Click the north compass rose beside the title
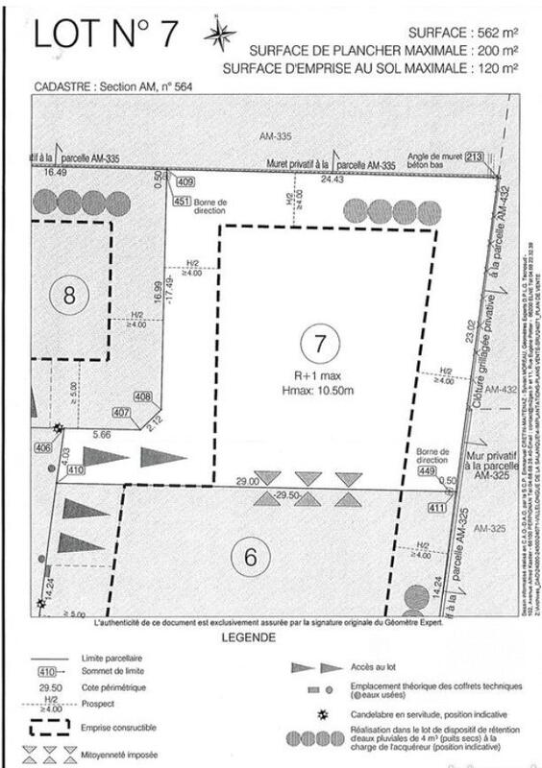(x=220, y=35)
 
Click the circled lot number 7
(x=319, y=343)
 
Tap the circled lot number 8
(x=69, y=296)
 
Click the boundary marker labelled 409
(x=185, y=181)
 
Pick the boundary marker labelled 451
(x=183, y=201)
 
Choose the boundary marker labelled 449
(x=429, y=470)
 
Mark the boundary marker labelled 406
(x=41, y=447)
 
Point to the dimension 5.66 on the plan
(x=104, y=434)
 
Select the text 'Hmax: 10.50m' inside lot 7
(x=321, y=390)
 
